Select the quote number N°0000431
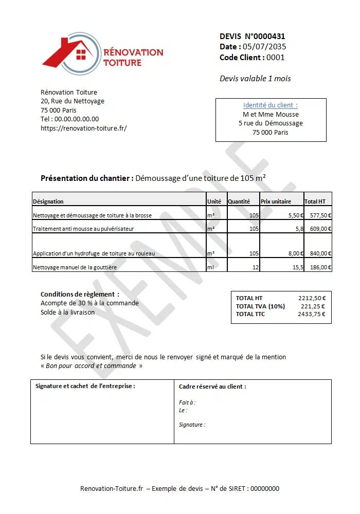pyautogui.click(x=264, y=36)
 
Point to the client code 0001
pyautogui.click(x=276, y=58)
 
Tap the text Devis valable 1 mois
pyautogui.click(x=255, y=79)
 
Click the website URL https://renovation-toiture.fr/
pyautogui.click(x=83, y=128)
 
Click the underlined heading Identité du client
pyautogui.click(x=270, y=105)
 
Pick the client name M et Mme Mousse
pyautogui.click(x=271, y=115)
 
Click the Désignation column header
pyautogui.click(x=48, y=201)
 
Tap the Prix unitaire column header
pyautogui.click(x=276, y=201)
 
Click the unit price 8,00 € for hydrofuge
pyautogui.click(x=295, y=253)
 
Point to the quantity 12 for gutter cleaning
pyautogui.click(x=255, y=268)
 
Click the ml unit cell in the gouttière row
pyautogui.click(x=210, y=268)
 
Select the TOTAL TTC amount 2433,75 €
pyautogui.click(x=311, y=315)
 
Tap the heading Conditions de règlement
pyautogui.click(x=80, y=295)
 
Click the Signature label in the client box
pyautogui.click(x=192, y=425)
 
